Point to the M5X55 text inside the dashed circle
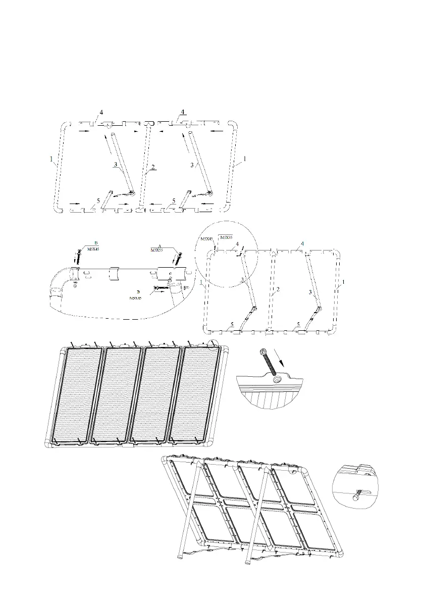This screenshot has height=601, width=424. [x=226, y=237]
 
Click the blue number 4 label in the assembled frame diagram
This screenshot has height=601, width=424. [x=302, y=244]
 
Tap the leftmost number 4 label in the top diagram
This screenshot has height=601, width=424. [x=101, y=112]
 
